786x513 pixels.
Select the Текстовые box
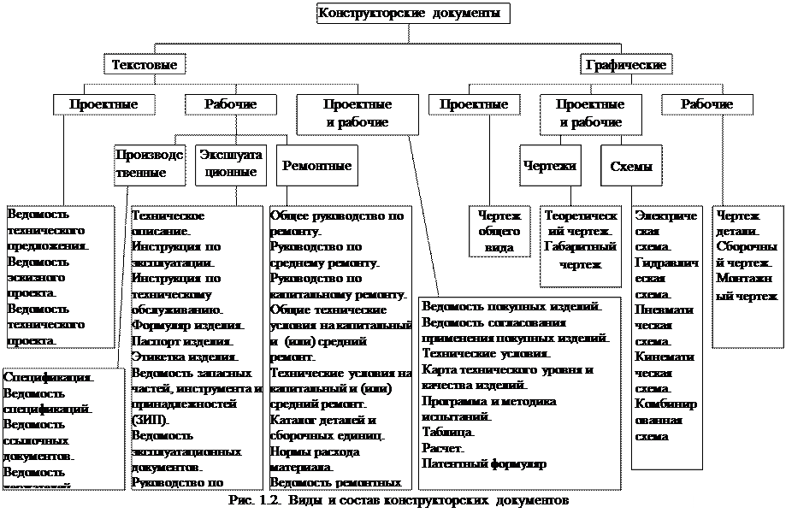pyautogui.click(x=145, y=64)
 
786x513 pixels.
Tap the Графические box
pyautogui.click(x=625, y=64)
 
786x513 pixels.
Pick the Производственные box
pyautogui.click(x=149, y=162)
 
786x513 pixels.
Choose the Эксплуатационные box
pyautogui.click(x=230, y=162)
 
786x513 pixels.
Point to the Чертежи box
pyautogui.click(x=549, y=166)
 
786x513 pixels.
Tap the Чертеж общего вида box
pyautogui.click(x=499, y=232)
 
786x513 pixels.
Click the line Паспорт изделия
pyautogui.click(x=174, y=341)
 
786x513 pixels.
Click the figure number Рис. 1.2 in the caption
pyautogui.click(x=254, y=498)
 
